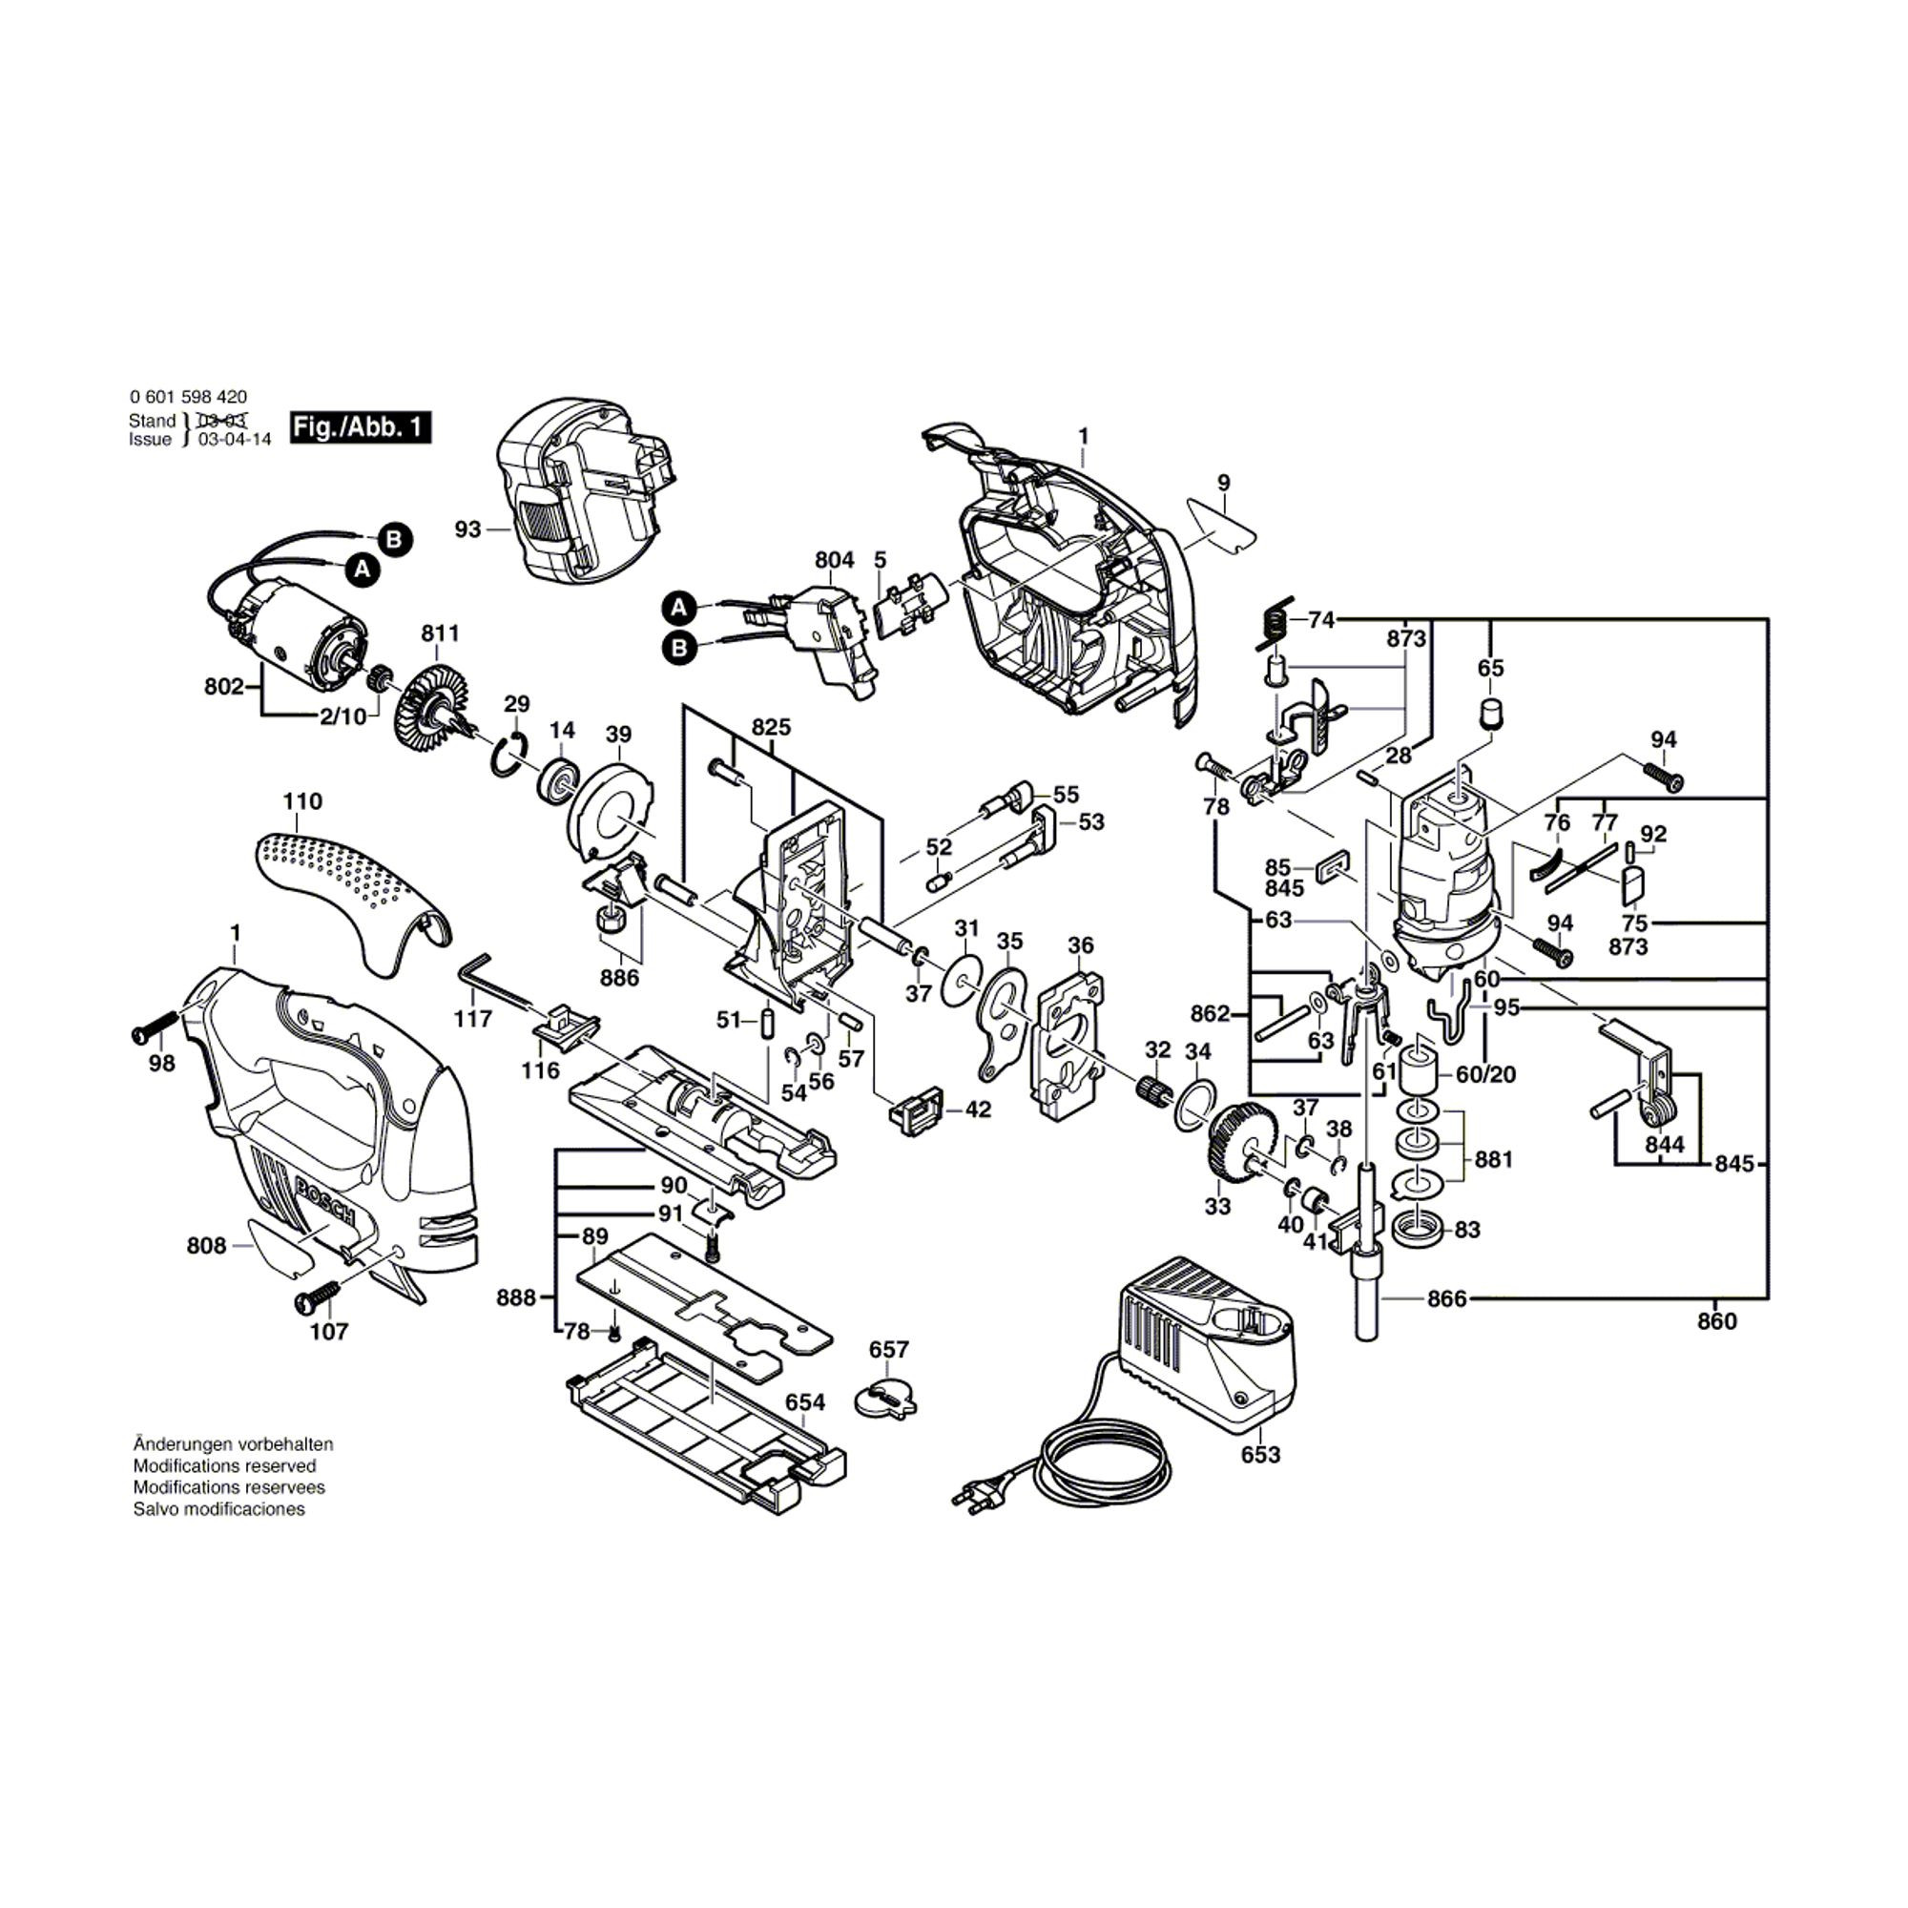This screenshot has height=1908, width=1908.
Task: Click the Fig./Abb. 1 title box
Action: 361,427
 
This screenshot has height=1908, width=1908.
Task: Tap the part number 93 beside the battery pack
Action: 467,529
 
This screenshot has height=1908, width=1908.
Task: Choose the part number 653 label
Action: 1260,1454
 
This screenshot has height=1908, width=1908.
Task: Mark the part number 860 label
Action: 1716,1321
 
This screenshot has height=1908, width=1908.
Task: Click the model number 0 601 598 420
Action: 188,397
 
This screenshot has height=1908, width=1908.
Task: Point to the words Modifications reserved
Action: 224,1465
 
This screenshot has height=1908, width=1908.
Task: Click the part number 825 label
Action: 770,727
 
